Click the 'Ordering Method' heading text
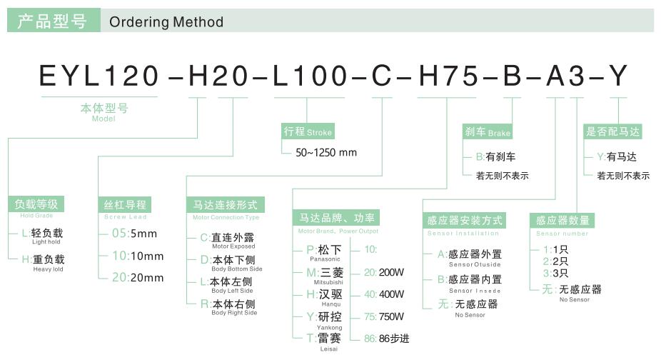click(x=166, y=21)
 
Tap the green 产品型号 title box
click(x=54, y=20)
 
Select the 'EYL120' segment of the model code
click(x=99, y=76)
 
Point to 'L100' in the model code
click(x=311, y=76)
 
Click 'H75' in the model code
click(x=448, y=76)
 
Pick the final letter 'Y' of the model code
click(x=618, y=76)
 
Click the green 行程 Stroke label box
click(x=308, y=131)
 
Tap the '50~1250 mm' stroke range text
click(x=326, y=152)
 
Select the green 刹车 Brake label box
click(x=488, y=131)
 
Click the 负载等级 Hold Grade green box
click(x=36, y=204)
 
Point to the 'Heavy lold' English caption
click(x=48, y=269)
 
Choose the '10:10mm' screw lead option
click(x=138, y=256)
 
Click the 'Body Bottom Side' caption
click(x=236, y=269)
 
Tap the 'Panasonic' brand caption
click(x=325, y=259)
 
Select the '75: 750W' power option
click(x=384, y=316)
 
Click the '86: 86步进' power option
click(x=387, y=339)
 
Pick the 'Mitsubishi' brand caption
click(x=328, y=282)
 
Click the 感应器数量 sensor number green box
click(x=562, y=220)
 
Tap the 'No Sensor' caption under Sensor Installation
click(x=470, y=315)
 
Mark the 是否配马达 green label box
click(x=612, y=131)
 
